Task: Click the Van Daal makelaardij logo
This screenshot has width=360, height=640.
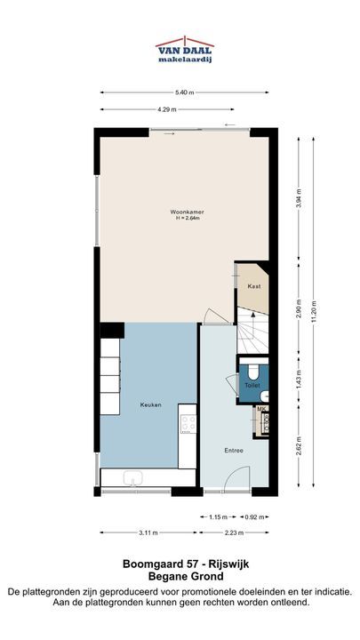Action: [185, 50]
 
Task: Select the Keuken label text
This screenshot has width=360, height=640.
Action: [150, 405]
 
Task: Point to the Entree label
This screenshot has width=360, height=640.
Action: [234, 451]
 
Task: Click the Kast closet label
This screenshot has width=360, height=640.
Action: [254, 286]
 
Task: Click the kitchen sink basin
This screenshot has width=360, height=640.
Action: [133, 477]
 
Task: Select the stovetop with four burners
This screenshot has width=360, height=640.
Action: [188, 423]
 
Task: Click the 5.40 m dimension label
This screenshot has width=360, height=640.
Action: [184, 92]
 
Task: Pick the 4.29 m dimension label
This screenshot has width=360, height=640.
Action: [167, 109]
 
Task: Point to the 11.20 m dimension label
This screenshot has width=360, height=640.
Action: [314, 311]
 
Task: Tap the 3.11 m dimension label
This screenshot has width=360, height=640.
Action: [148, 532]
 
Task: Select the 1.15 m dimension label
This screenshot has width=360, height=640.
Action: [218, 517]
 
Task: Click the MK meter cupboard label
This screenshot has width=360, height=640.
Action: [260, 409]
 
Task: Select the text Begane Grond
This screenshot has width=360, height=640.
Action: [186, 577]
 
